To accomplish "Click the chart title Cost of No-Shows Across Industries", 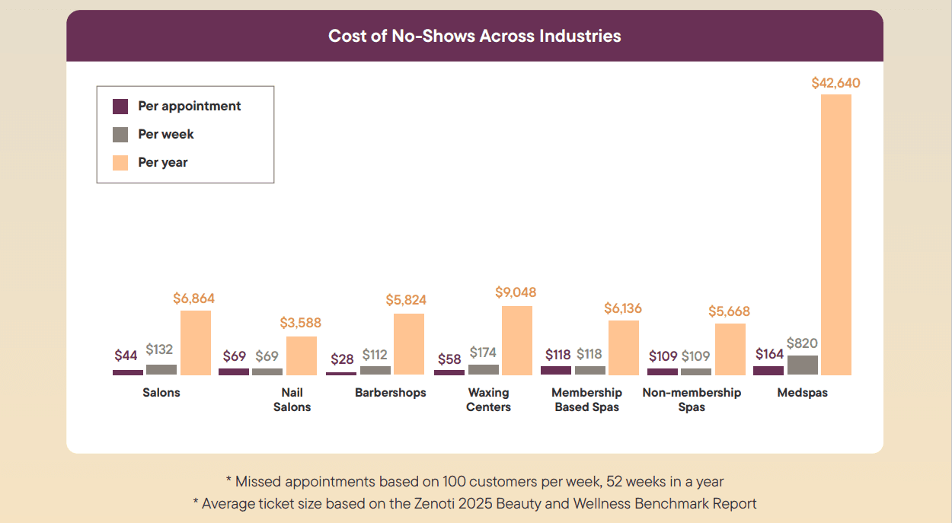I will coord(474,36).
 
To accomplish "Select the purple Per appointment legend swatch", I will coord(120,107).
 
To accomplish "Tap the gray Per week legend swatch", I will coord(120,135).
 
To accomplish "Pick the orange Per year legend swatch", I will coord(120,162).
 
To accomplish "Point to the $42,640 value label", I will coord(835,83).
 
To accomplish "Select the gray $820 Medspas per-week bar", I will coord(802,365).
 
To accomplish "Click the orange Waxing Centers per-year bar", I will coord(516,340).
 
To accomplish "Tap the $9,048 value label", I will coord(516,292).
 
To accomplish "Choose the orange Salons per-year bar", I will coord(196,343).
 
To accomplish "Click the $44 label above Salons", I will coord(126,356).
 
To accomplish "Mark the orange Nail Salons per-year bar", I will coord(301,356).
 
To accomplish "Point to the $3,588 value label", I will coord(300,323).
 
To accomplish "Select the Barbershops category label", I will coord(390,393).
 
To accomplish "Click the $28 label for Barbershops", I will coord(343,359).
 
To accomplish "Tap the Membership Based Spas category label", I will coord(586,400).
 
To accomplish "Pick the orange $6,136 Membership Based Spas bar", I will coord(624,348).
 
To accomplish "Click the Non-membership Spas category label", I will coord(692,400).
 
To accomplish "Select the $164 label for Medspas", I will coord(769,354).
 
